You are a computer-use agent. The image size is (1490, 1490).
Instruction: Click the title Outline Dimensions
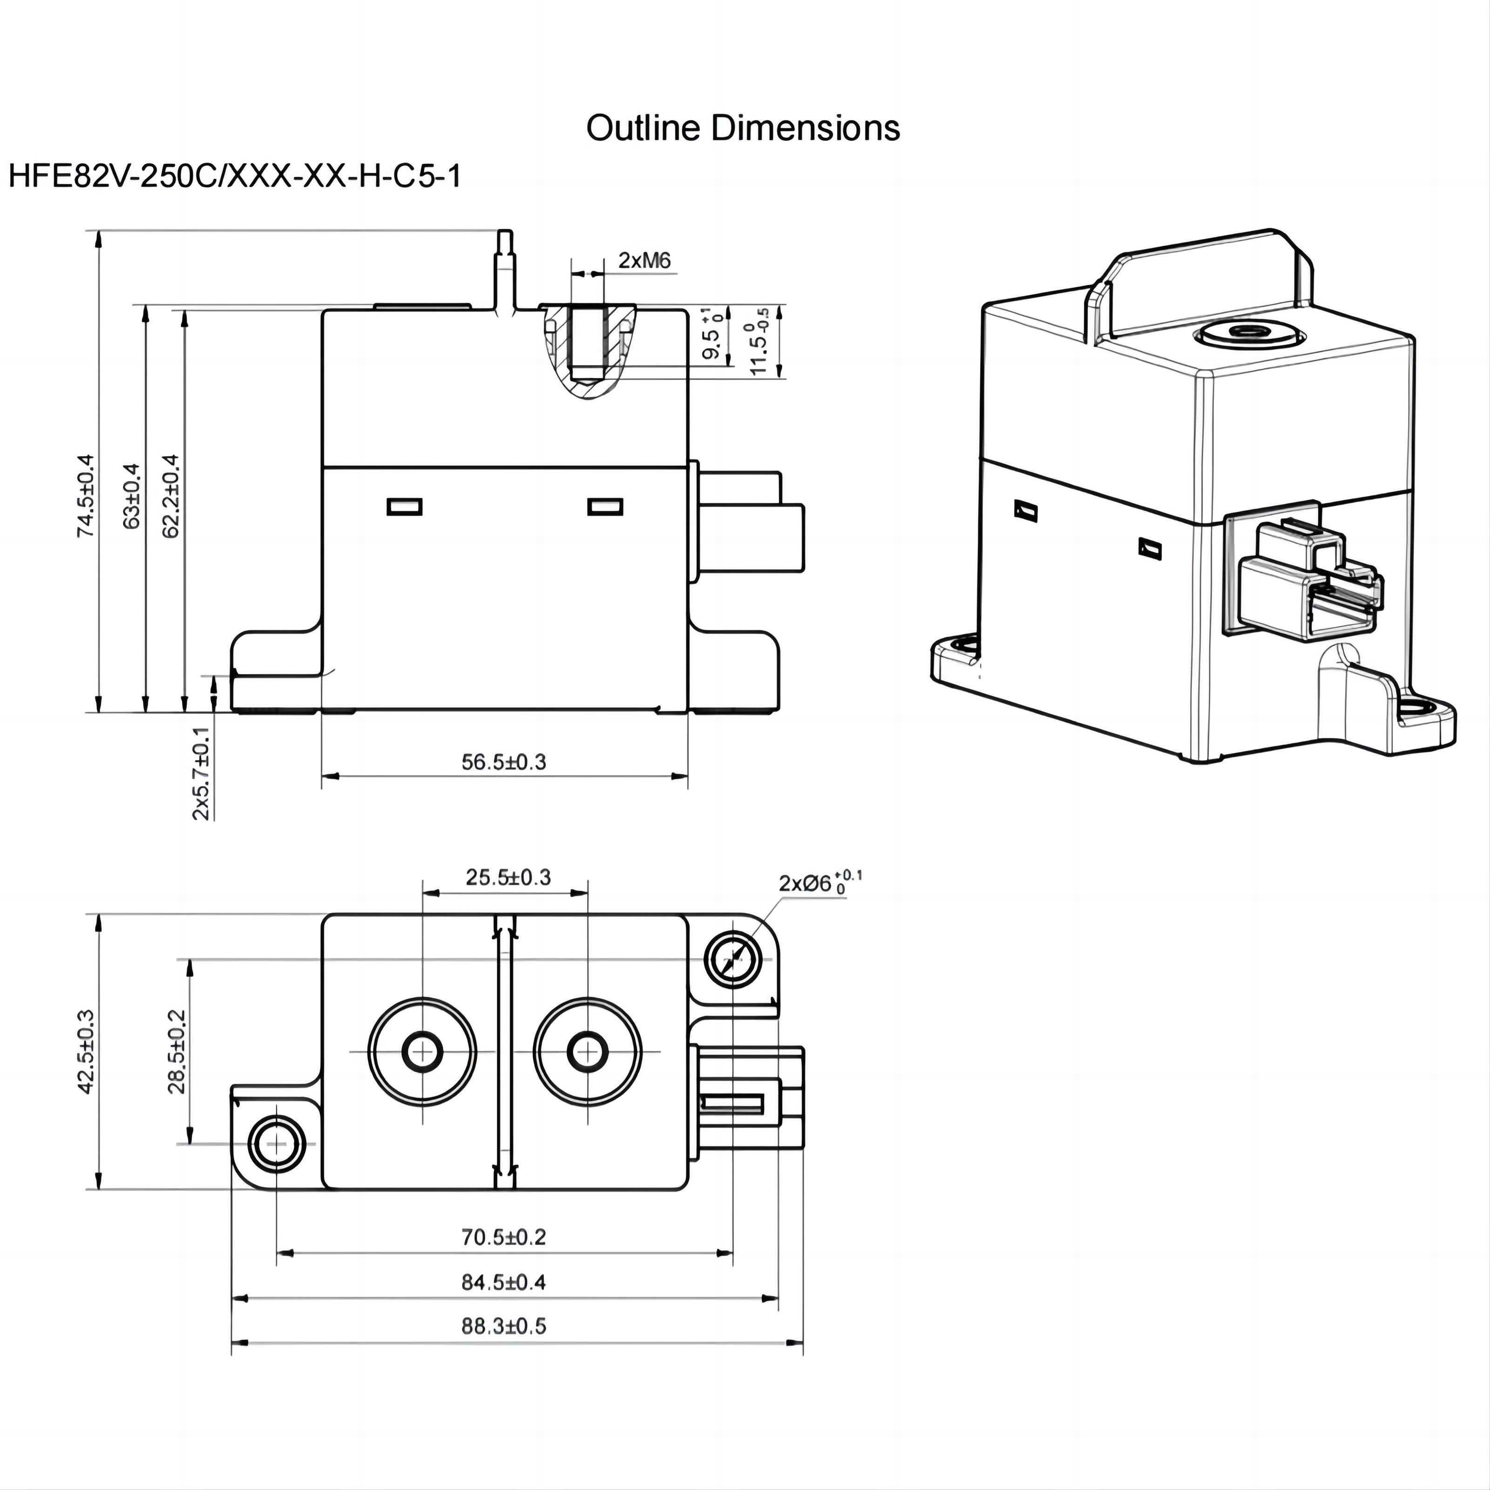tap(743, 128)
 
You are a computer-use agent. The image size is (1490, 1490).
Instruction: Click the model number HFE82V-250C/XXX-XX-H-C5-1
tap(235, 176)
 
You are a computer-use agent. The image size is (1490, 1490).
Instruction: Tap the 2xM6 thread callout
tap(645, 261)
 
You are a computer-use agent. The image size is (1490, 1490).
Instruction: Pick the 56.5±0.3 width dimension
tap(504, 762)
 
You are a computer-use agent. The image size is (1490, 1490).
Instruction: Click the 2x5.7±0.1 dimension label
tap(201, 773)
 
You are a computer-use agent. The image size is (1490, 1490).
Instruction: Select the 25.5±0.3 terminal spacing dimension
tap(508, 878)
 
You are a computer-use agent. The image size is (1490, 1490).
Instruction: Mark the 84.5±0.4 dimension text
tap(504, 1282)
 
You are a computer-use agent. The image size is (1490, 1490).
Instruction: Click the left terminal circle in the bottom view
tap(423, 1052)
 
